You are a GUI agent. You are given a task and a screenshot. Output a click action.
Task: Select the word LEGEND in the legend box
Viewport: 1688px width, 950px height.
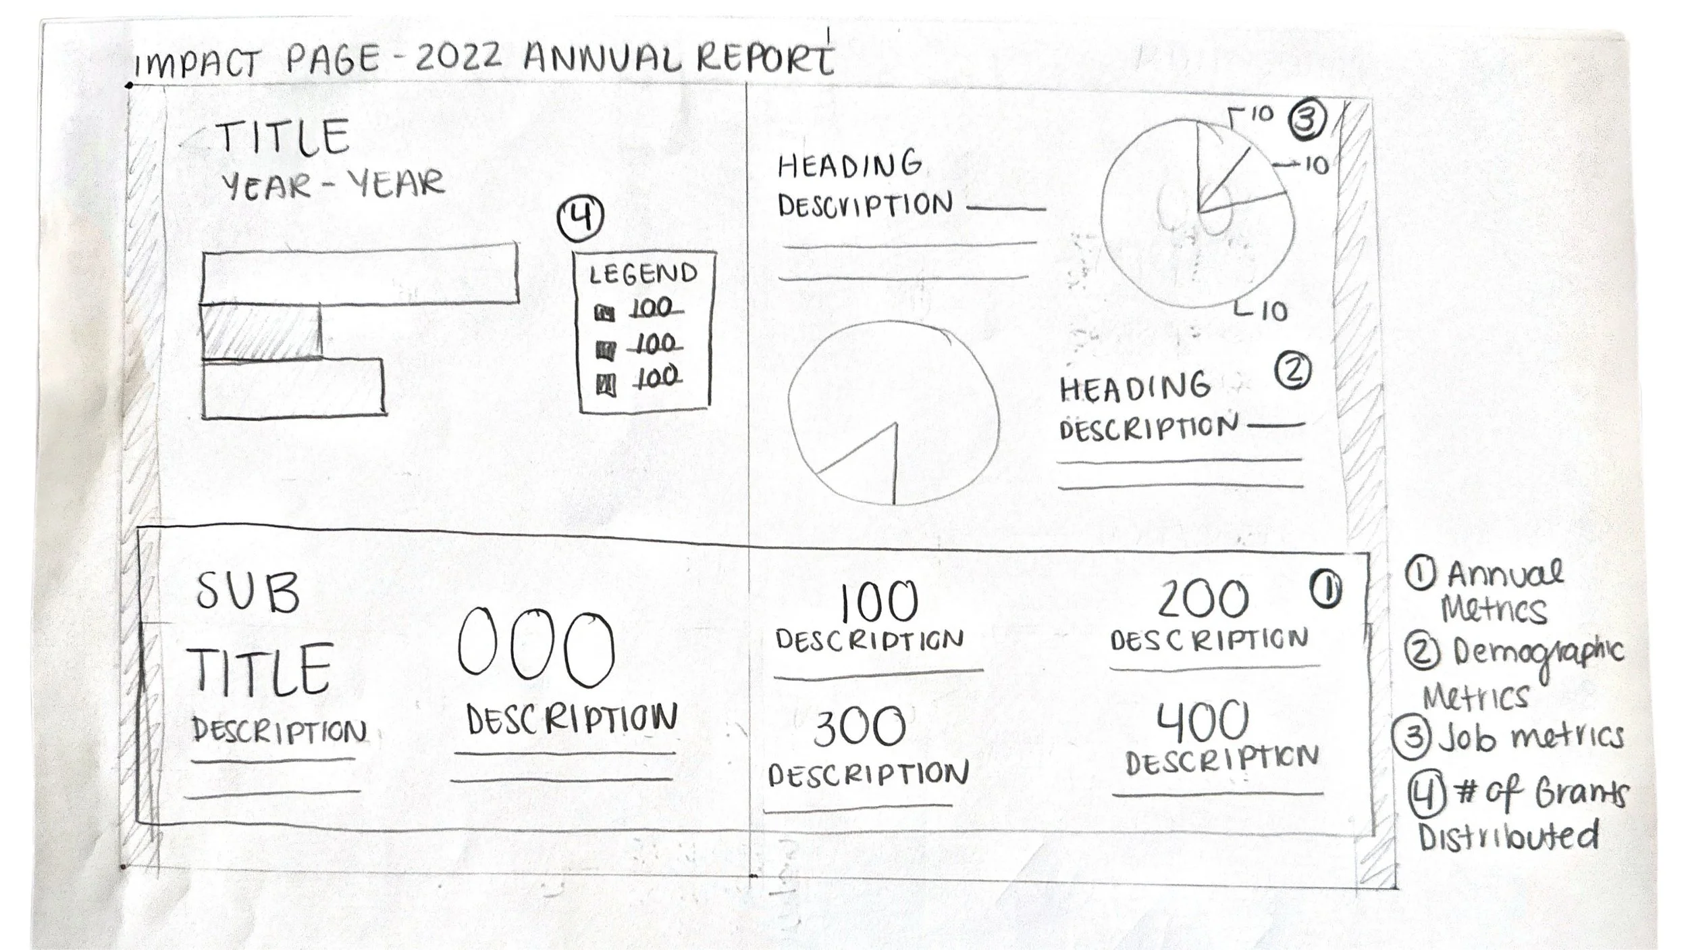click(x=643, y=274)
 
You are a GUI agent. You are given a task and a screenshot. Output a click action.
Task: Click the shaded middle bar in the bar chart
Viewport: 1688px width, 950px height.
click(x=261, y=332)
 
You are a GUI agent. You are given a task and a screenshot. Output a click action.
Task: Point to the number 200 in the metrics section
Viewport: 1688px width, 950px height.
click(x=1203, y=599)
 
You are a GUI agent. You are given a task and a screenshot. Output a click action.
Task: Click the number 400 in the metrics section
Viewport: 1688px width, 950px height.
click(x=1203, y=722)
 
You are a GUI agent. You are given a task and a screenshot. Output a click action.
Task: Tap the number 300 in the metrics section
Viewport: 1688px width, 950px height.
click(x=859, y=727)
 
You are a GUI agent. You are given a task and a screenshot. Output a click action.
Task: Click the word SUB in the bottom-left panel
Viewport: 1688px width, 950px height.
click(x=247, y=593)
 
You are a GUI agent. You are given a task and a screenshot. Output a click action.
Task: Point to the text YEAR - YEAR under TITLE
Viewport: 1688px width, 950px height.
click(x=333, y=184)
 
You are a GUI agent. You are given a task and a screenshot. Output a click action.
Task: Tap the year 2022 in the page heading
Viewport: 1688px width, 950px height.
click(x=458, y=58)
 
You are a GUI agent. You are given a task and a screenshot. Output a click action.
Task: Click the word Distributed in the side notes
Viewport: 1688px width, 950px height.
click(x=1508, y=836)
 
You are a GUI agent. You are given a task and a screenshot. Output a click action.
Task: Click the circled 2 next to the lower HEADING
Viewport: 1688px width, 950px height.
click(x=1293, y=371)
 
